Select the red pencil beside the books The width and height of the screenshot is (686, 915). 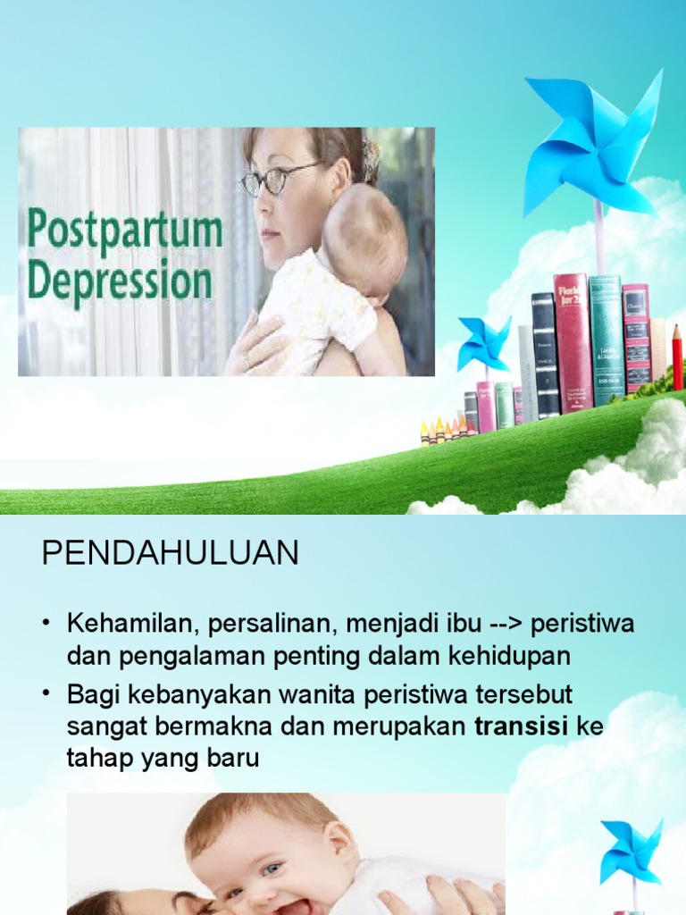tap(677, 357)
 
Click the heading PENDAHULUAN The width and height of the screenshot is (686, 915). tap(170, 554)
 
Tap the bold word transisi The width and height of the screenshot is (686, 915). tap(521, 726)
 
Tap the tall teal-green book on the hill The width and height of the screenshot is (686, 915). tap(606, 340)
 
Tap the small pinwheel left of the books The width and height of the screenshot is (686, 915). tap(484, 343)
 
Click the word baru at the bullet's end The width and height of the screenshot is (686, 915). tap(233, 759)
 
